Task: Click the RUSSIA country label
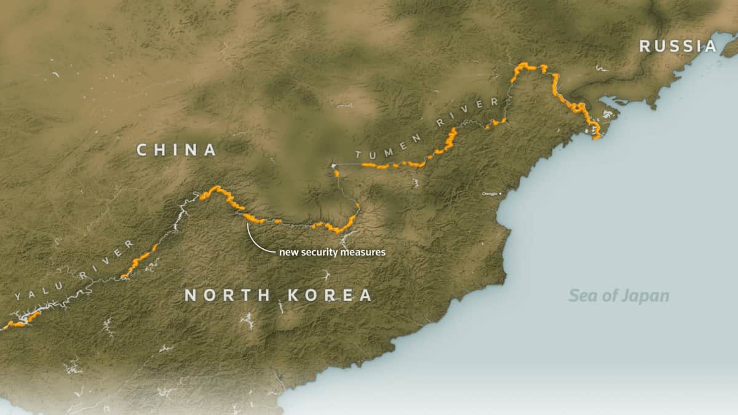(678, 45)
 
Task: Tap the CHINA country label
(177, 149)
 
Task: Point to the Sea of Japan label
(618, 296)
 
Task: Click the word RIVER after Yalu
(107, 258)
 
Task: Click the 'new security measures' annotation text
(332, 252)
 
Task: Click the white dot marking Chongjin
(500, 194)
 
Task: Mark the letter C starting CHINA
(141, 149)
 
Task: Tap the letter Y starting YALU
(18, 297)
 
